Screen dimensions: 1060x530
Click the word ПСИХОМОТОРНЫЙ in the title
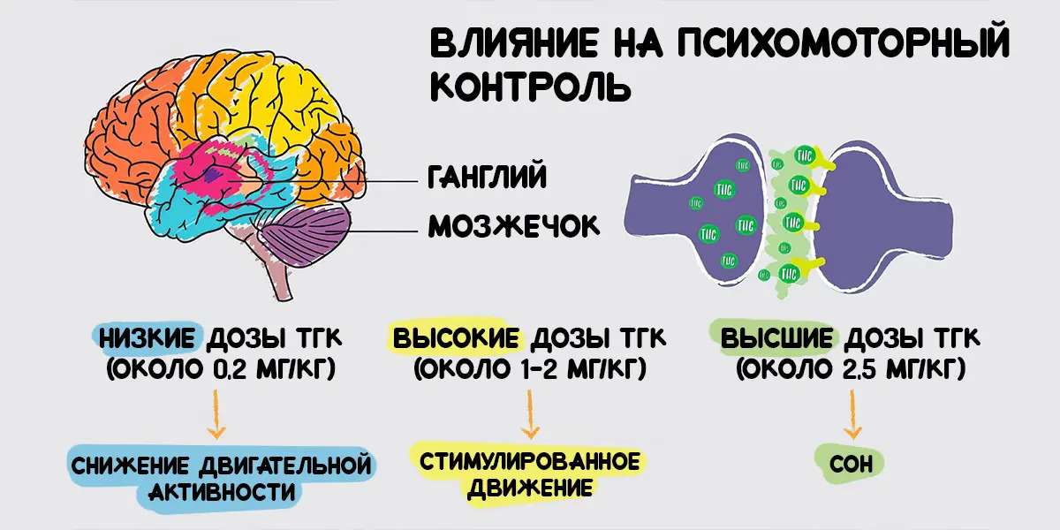click(x=844, y=42)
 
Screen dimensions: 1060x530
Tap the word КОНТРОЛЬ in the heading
click(x=531, y=87)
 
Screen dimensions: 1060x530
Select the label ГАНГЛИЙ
click(x=487, y=177)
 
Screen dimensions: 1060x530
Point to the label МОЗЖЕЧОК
click(x=514, y=226)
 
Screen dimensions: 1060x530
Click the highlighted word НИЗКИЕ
click(x=148, y=339)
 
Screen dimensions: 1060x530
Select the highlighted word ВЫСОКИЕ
click(x=456, y=339)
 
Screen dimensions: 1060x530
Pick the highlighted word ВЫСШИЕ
click(x=776, y=339)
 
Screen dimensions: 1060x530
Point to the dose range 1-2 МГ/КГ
click(x=582, y=369)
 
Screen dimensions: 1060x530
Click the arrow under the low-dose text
click(x=216, y=413)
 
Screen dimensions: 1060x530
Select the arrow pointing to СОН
click(x=852, y=414)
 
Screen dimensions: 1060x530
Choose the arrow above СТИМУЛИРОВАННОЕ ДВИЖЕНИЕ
click(x=530, y=413)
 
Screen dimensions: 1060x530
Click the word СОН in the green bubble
click(x=851, y=464)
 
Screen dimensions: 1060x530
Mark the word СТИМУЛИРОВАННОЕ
click(x=529, y=462)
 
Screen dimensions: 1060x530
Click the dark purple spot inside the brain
click(x=214, y=174)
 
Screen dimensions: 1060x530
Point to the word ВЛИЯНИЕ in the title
click(x=514, y=42)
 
